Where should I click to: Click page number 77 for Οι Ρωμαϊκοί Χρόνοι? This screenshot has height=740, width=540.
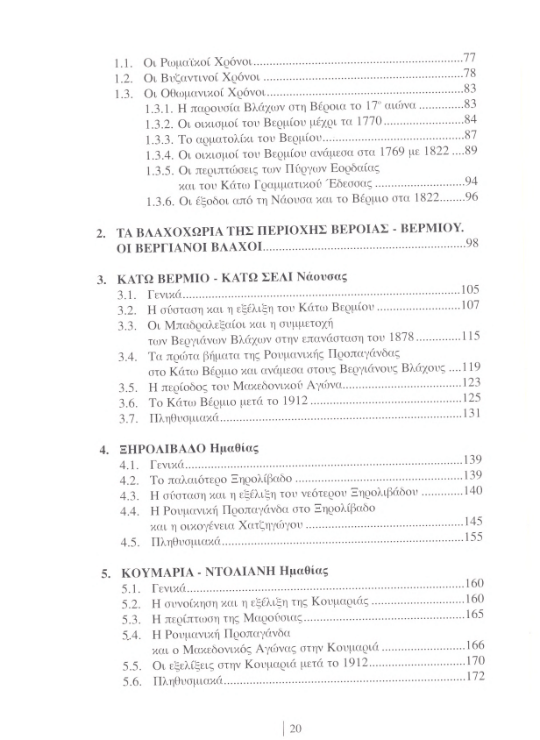click(468, 59)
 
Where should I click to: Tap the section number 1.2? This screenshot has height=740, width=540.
click(124, 75)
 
